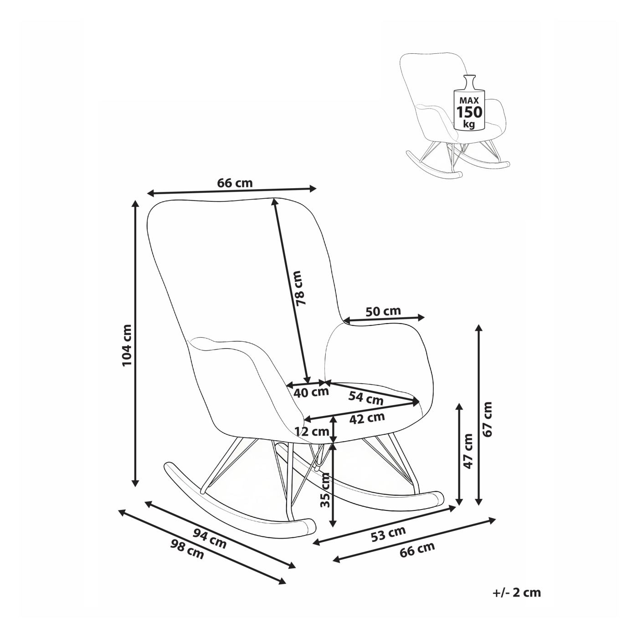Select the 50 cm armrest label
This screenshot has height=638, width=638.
point(383,311)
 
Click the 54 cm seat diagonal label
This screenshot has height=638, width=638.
point(366,398)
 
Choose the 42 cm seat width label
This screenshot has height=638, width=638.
point(368,418)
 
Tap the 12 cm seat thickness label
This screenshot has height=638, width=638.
point(312,431)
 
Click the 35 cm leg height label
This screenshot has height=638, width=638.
point(325,490)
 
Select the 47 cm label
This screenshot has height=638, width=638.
point(468,451)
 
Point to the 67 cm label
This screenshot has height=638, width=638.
point(488,419)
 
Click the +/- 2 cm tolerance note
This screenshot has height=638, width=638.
point(516,592)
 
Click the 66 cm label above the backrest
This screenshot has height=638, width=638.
point(234,183)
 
